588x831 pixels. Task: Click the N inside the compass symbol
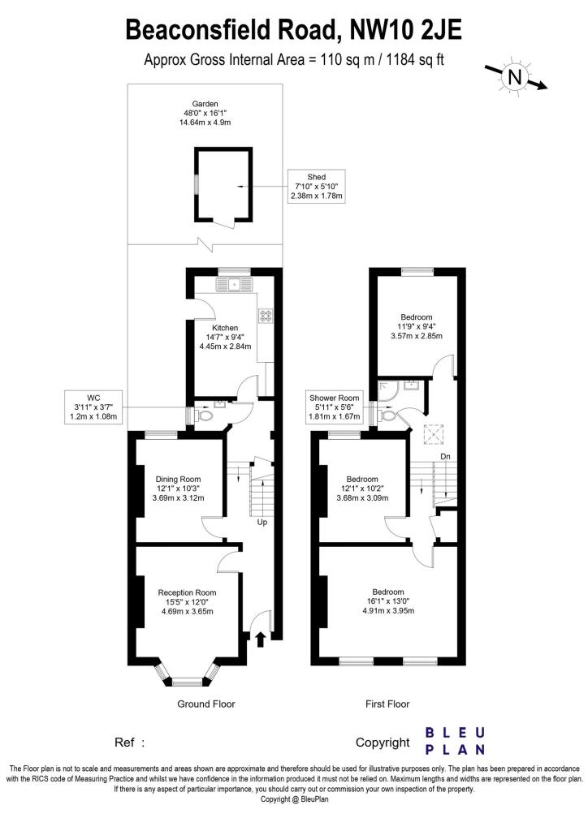(515, 77)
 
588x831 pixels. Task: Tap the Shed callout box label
(317, 186)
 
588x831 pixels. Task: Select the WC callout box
(94, 407)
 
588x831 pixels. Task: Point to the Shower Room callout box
(335, 407)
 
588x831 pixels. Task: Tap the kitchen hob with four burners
(265, 316)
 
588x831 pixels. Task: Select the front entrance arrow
(261, 639)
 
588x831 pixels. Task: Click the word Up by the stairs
(262, 522)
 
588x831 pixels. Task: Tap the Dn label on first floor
(445, 456)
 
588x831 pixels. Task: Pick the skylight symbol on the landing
(433, 435)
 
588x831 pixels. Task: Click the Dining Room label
(178, 479)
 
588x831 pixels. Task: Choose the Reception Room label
(187, 592)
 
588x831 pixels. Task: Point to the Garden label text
(205, 104)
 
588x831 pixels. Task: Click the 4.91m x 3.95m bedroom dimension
(388, 610)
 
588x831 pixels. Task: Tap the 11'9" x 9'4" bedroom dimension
(417, 326)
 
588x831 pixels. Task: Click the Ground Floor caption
(205, 704)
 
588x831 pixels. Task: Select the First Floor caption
(387, 704)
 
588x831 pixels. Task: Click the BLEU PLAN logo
(456, 741)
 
